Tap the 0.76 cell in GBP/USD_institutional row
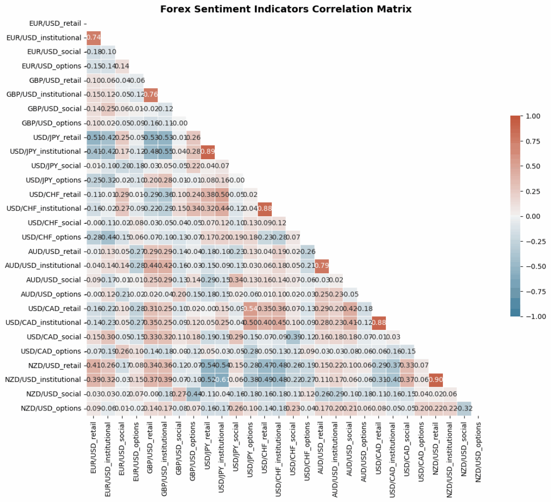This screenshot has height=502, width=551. pos(150,94)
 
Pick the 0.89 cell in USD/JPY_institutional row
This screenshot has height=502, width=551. pos(207,151)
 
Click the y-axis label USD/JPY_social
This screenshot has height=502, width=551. pos(56,166)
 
